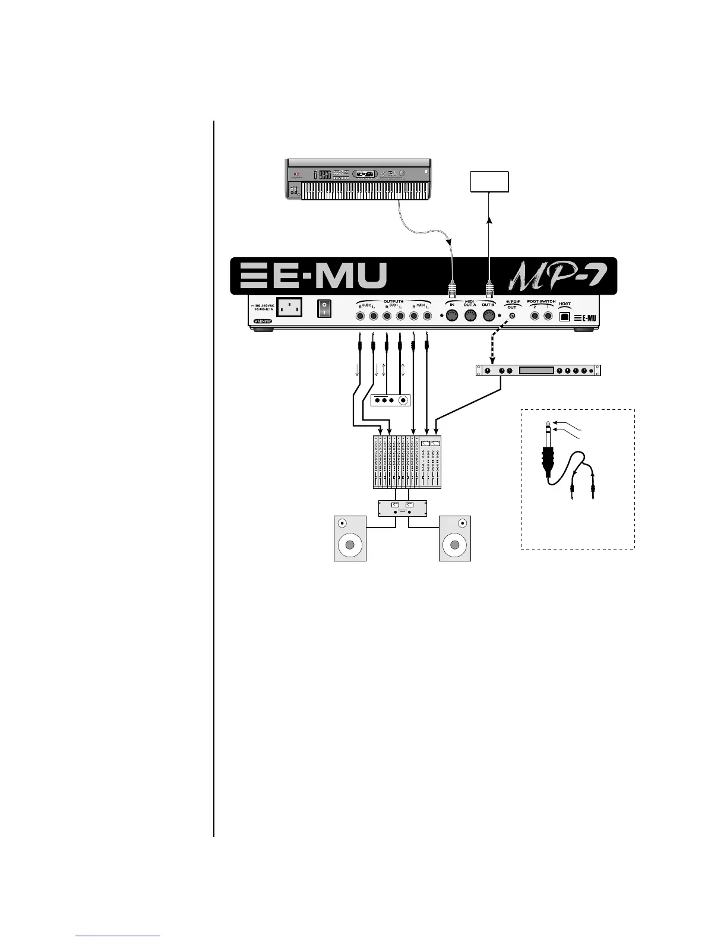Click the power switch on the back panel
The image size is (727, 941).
[x=324, y=308]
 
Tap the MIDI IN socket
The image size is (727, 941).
[x=452, y=317]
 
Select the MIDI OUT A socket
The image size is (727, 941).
[x=470, y=317]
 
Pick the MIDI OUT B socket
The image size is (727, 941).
[x=488, y=317]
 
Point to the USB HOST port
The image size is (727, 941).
[x=565, y=316]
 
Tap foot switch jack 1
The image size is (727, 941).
[x=548, y=317]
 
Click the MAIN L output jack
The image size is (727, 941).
[x=427, y=317]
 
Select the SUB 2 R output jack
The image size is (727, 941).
[x=360, y=317]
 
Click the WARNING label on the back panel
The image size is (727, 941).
[x=262, y=321]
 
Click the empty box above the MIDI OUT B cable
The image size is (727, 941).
[x=489, y=182]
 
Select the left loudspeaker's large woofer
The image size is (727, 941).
[x=350, y=545]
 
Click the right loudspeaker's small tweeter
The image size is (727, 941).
[x=463, y=524]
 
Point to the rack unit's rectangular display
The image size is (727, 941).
[x=536, y=371]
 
